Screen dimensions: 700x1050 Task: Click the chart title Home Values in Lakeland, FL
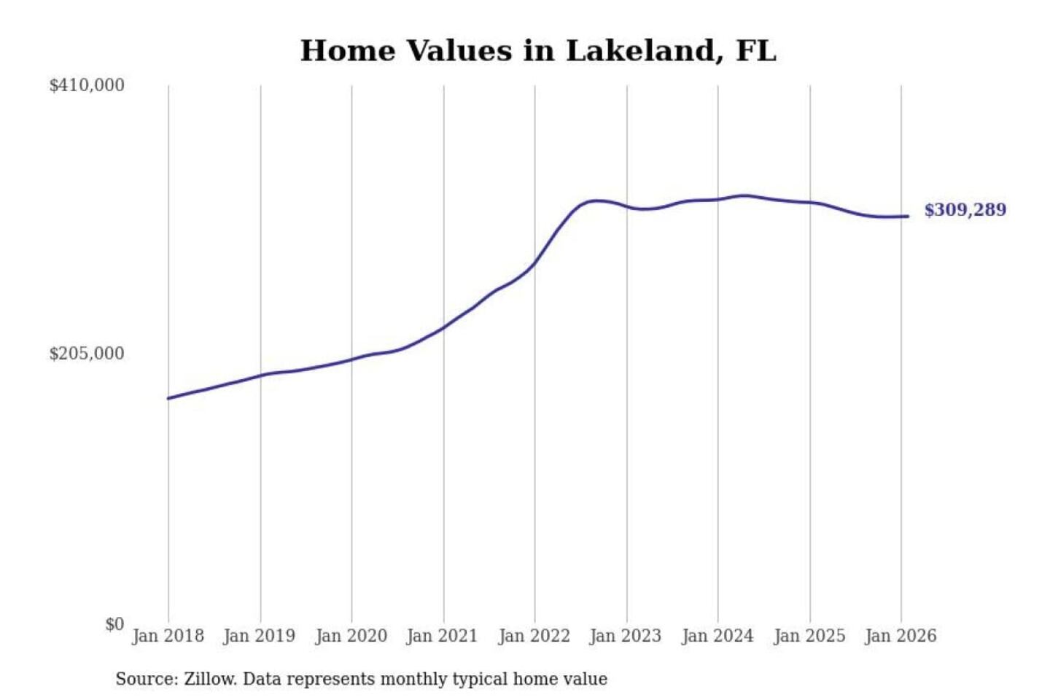(x=538, y=51)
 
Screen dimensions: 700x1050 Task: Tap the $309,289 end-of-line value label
(x=965, y=210)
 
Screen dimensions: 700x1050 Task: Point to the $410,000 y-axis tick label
(x=87, y=85)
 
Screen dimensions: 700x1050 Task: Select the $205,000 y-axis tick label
(x=87, y=354)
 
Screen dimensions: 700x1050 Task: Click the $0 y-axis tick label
(x=114, y=624)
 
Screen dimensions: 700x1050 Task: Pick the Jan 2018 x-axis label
(x=168, y=636)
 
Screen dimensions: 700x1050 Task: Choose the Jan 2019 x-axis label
(x=259, y=636)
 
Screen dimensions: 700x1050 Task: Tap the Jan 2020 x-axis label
(x=351, y=636)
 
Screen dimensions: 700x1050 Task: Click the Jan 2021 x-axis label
(x=442, y=636)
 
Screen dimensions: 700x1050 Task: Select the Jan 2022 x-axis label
(x=534, y=636)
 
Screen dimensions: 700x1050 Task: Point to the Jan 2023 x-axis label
(x=625, y=636)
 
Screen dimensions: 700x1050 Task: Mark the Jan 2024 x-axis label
(x=717, y=636)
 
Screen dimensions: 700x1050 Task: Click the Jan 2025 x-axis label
(x=809, y=636)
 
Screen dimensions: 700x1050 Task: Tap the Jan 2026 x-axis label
(x=900, y=636)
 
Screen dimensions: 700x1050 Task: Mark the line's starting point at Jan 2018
(x=168, y=398)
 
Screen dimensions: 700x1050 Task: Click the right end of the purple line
(x=908, y=216)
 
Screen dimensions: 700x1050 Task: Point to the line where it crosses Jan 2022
(x=534, y=263)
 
